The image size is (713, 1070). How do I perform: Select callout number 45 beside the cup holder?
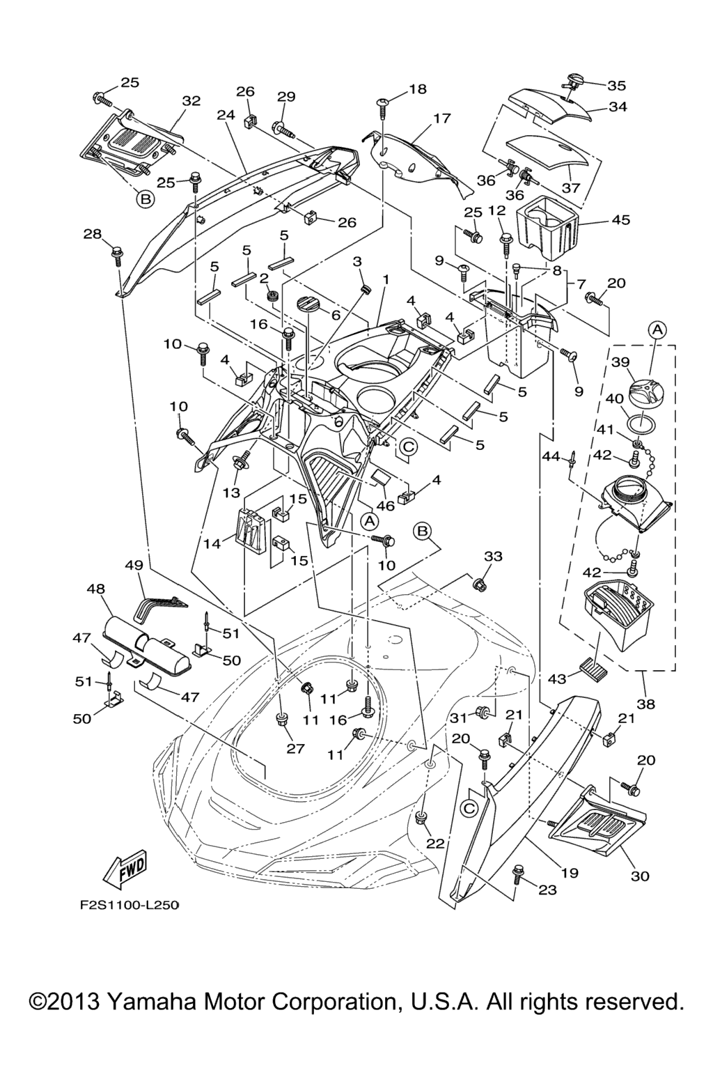620,220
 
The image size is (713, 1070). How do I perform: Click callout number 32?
191,101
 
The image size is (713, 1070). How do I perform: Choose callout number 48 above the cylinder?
95,589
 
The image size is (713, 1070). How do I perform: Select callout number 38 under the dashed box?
646,704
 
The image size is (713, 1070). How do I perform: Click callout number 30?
640,876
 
